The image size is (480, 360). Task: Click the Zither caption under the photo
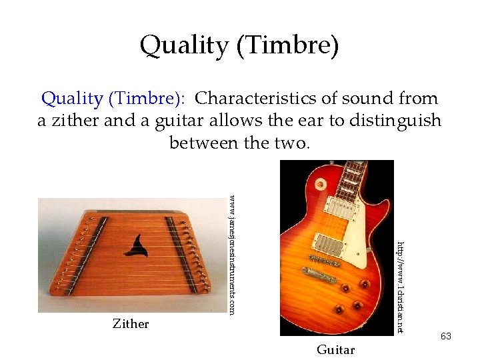[131, 324]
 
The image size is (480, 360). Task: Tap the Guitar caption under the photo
[335, 350]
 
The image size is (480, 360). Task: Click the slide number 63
[445, 336]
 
